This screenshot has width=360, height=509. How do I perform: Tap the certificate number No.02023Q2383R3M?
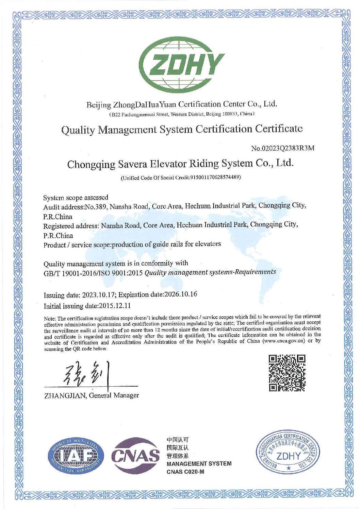tap(282, 148)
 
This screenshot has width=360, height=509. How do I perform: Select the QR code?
tap(287, 373)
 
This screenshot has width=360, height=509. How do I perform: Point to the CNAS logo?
tap(135, 455)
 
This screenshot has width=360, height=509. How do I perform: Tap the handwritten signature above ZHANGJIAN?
tap(87, 374)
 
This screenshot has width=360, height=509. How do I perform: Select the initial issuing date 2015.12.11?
tap(115, 306)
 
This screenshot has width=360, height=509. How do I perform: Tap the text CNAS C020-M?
tap(185, 472)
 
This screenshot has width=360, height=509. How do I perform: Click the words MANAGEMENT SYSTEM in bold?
tap(199, 463)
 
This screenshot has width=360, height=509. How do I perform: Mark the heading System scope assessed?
tap(76, 198)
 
